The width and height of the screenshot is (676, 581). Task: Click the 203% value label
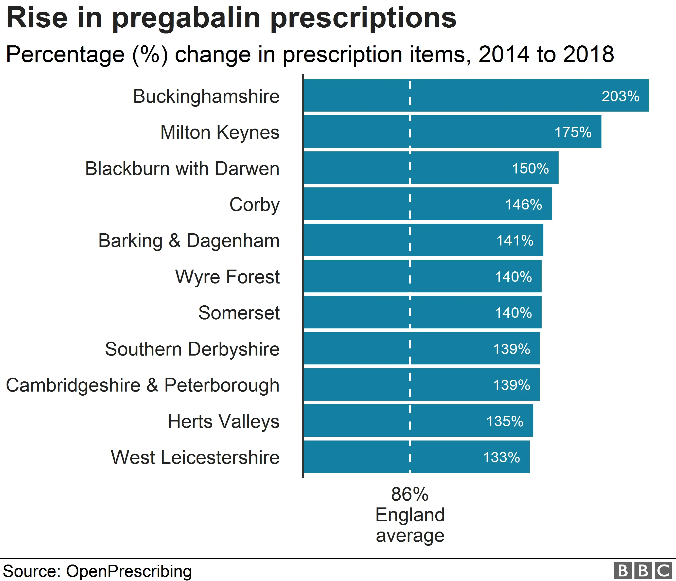[620, 96]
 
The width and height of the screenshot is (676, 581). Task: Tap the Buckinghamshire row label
[206, 97]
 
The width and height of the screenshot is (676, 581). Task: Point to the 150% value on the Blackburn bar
[530, 169]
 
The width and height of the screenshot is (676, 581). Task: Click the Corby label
[255, 205]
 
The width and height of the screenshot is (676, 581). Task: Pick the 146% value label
[523, 205]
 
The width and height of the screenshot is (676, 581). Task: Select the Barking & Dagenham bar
[423, 240]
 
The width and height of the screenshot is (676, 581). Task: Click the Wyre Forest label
[227, 277]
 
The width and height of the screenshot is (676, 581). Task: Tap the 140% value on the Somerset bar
[513, 313]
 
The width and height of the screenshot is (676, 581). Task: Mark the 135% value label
[505, 421]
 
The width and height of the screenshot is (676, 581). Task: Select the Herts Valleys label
[223, 421]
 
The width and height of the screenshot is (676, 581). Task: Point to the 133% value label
[501, 457]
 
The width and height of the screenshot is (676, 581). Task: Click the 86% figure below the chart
[410, 494]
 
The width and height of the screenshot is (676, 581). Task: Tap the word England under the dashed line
[410, 515]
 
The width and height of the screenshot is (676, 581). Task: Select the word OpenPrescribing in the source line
[129, 571]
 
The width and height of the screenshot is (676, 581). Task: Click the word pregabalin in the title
[186, 18]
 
